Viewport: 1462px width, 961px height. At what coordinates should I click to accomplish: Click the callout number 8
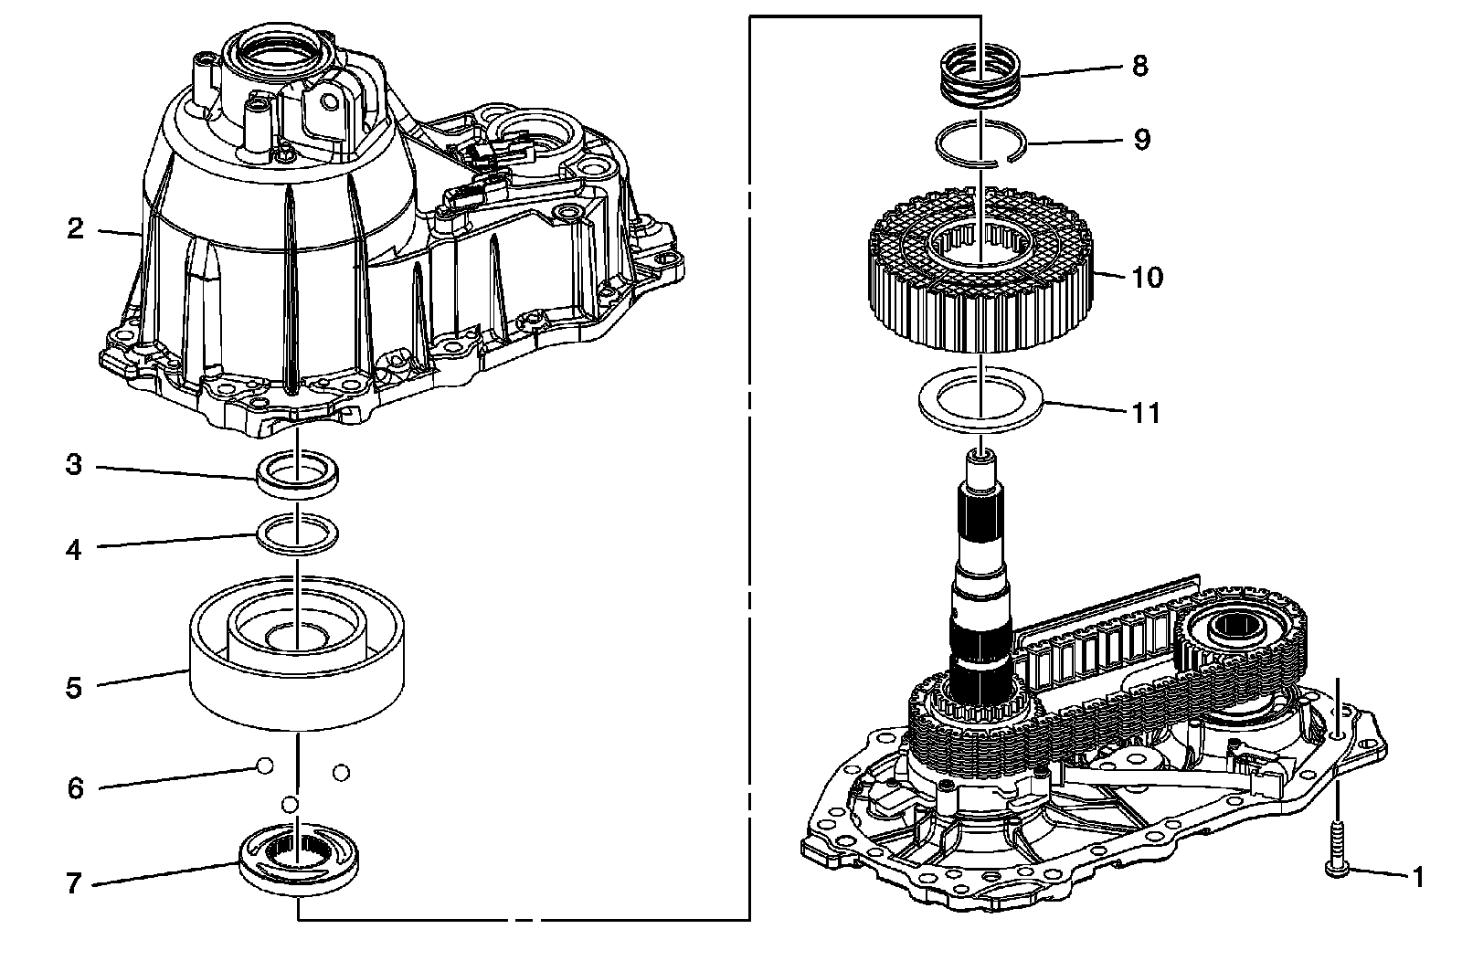pos(1139,67)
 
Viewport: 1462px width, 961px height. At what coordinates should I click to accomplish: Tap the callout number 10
pos(1147,277)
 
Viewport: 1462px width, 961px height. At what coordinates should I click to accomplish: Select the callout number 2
pos(75,228)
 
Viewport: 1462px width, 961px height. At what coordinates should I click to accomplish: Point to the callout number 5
pos(73,687)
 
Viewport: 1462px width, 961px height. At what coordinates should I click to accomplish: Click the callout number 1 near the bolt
pos(1417,878)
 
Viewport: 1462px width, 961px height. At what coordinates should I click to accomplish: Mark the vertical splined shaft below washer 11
pos(982,585)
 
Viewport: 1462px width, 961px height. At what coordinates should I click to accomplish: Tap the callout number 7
pos(73,883)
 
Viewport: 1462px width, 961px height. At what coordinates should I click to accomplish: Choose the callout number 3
pos(73,466)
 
